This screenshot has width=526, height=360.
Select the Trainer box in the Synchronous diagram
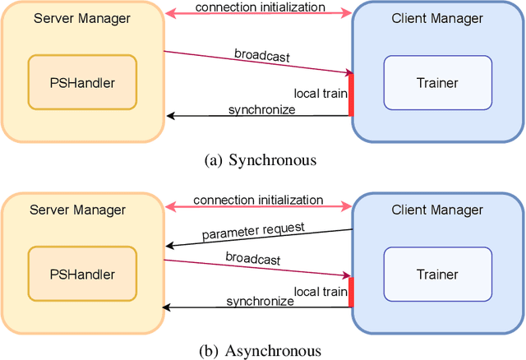pyautogui.click(x=436, y=82)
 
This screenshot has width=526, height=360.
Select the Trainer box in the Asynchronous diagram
pyautogui.click(x=436, y=274)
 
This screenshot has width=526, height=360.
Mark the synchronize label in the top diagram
pyautogui.click(x=261, y=108)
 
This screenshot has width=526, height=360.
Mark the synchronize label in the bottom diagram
pyautogui.click(x=261, y=301)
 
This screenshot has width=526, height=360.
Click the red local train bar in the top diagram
pyautogui.click(x=350, y=95)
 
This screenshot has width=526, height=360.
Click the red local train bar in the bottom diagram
pyautogui.click(x=350, y=292)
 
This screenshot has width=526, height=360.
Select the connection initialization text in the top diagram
pyautogui.click(x=259, y=7)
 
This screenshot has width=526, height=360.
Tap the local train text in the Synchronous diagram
pyautogui.click(x=320, y=93)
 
